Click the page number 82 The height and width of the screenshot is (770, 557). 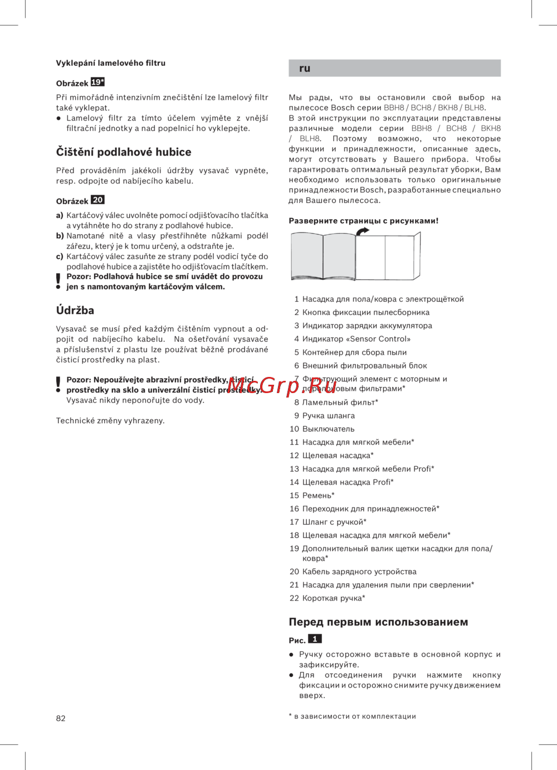[61, 718]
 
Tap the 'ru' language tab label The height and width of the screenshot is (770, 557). [305, 69]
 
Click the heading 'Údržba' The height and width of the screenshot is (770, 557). [75, 311]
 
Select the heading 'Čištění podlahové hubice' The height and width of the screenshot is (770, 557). [124, 152]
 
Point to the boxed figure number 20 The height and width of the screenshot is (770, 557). [98, 200]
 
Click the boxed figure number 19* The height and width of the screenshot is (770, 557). [98, 82]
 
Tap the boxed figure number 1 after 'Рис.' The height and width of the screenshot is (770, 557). [315, 639]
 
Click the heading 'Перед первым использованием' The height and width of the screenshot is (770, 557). [378, 622]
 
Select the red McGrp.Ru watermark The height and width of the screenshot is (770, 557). [282, 385]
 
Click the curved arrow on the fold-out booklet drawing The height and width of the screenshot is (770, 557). [363, 231]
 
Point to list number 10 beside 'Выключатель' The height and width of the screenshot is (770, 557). [294, 429]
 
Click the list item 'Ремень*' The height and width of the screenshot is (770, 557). [319, 495]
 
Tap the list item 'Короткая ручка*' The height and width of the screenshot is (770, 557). [334, 598]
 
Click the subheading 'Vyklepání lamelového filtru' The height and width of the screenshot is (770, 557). [111, 63]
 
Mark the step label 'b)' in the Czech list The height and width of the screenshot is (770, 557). [60, 236]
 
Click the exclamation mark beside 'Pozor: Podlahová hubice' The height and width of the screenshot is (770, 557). [58, 281]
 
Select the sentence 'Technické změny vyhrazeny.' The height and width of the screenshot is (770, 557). [110, 420]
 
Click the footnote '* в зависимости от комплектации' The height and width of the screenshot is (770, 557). [353, 716]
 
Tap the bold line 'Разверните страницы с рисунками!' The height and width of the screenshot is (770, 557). [364, 221]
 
